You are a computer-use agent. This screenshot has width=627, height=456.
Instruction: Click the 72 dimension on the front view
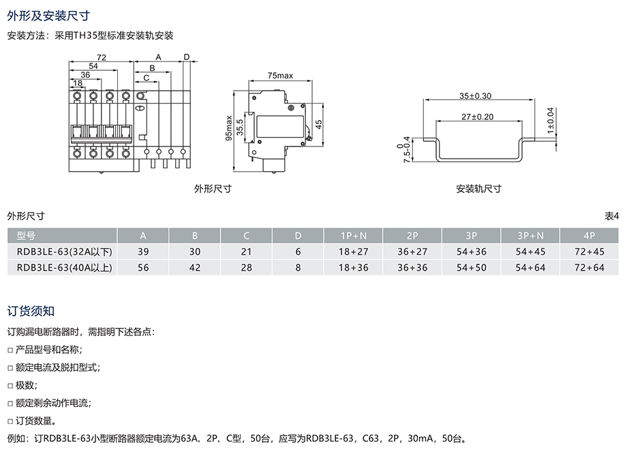101,57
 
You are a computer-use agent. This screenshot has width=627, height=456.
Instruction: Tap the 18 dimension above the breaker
78,83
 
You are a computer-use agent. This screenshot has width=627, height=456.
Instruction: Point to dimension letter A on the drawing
158,57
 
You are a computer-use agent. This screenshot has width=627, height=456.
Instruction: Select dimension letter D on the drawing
186,57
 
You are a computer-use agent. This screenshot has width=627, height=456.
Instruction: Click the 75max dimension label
280,75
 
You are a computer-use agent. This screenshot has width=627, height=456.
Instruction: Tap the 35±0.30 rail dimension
476,96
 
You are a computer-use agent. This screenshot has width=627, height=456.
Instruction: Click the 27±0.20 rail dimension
476,117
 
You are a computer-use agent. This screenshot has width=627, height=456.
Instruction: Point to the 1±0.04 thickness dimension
551,119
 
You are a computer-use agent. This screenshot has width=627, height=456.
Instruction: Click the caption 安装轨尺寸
478,189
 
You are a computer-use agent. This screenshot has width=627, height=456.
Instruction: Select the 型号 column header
26,236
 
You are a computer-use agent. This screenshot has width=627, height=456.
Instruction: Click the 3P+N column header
530,236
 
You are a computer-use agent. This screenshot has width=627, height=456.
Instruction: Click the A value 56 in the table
143,268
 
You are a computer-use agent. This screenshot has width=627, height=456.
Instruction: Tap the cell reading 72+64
590,268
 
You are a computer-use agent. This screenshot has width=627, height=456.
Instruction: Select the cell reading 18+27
353,252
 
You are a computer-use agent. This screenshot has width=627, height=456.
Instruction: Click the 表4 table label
611,216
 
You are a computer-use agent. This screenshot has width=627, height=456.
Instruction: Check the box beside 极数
10,386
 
